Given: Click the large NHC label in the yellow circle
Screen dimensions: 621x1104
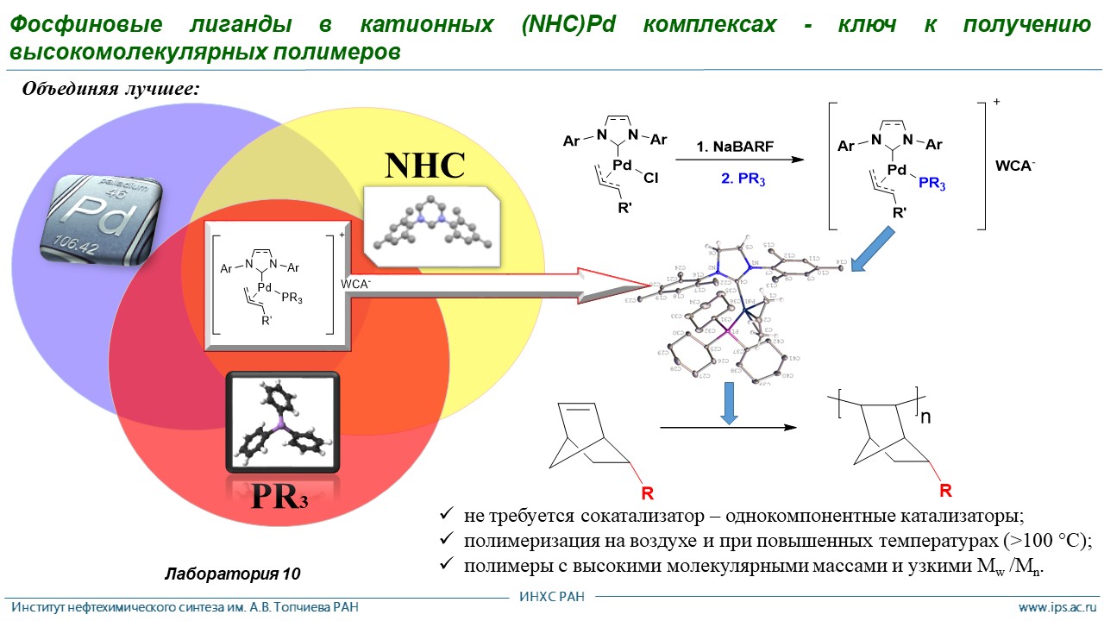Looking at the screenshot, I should coord(425,165).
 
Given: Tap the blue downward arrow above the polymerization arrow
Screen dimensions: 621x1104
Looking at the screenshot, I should coord(730,405).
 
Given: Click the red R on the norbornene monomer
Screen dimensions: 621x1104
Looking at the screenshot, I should coord(647,494).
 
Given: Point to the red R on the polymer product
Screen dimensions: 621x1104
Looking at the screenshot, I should coord(945,491).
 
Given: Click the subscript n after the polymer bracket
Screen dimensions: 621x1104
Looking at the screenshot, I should coord(926,417).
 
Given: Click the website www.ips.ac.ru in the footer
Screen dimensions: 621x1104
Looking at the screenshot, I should coord(1057,607).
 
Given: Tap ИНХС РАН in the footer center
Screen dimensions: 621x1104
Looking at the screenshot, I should coord(552,597).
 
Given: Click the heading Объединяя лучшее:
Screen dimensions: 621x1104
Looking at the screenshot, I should coord(111,89).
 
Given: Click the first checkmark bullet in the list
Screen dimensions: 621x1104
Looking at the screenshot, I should coord(446,514).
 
